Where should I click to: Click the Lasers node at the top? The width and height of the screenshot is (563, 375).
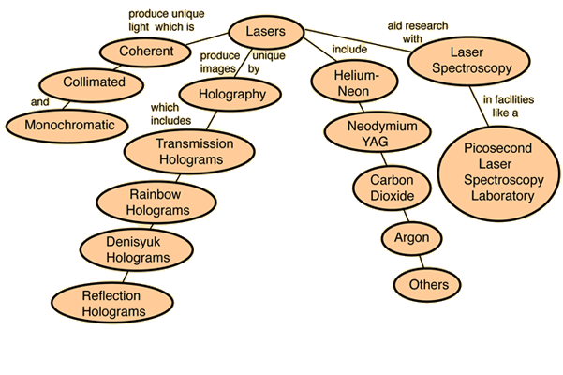266,32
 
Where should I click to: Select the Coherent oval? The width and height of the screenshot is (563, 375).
145,52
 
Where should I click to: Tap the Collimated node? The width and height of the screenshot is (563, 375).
92,84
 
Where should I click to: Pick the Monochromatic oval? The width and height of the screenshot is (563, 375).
67,126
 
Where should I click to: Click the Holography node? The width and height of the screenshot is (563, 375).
230,94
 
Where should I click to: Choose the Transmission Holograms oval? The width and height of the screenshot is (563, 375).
189,152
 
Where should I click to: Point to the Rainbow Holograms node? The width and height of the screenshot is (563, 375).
156,202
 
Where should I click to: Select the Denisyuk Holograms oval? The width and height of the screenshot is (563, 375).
137,249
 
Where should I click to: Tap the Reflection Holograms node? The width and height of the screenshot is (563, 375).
112,303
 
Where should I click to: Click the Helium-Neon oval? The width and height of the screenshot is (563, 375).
354,82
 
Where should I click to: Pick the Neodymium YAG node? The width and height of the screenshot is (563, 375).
378,132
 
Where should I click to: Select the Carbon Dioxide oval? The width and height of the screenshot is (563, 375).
392,187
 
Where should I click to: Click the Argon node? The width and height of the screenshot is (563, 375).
411,238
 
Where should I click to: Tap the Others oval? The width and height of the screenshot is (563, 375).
427,285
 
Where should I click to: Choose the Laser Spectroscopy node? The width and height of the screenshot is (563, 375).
469,61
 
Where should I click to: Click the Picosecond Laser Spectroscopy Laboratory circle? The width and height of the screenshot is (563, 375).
499,173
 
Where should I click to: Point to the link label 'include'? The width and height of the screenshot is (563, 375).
349,49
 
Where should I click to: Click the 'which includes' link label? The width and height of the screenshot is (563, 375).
170,113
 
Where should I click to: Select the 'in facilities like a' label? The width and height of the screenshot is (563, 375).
508,106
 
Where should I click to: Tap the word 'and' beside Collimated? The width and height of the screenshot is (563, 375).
40,102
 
